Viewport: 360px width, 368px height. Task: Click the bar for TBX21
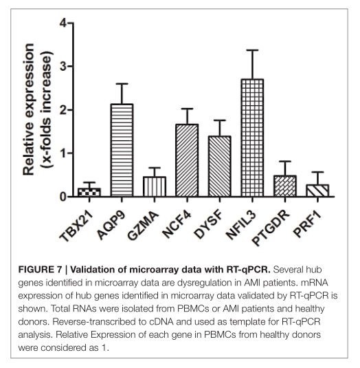click(89, 192)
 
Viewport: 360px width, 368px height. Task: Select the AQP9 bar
click(122, 150)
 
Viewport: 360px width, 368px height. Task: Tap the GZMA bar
click(155, 186)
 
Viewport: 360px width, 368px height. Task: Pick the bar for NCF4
click(187, 160)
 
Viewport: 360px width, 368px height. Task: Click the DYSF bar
click(220, 166)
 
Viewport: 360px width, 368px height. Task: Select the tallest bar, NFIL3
click(252, 138)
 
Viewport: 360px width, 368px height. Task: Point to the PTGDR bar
click(285, 186)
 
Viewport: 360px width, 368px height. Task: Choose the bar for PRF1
click(317, 191)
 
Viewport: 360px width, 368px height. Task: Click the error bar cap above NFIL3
click(252, 50)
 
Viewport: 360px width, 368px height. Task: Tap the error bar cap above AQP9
click(122, 83)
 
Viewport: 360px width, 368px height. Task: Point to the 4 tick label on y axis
click(63, 23)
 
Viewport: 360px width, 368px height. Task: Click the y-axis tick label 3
click(63, 67)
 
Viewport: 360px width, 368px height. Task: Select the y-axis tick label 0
click(63, 197)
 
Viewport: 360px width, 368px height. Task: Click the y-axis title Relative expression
click(29, 109)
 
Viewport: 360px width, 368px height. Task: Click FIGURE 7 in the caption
click(40, 270)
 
